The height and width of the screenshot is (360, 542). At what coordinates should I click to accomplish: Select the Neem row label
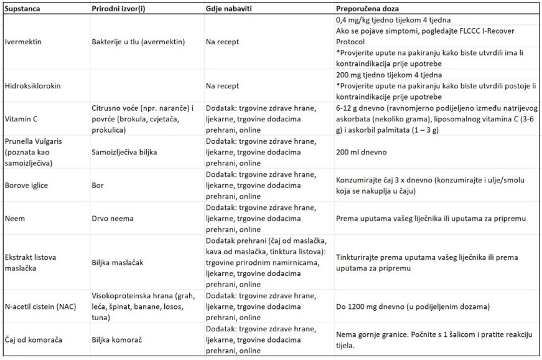pos(15,219)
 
